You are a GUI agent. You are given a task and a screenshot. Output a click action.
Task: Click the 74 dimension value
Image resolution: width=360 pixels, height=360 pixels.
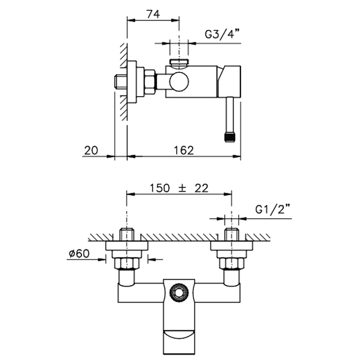coord(153,14)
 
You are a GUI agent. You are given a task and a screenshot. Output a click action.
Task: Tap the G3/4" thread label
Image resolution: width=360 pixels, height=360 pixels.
coord(222,34)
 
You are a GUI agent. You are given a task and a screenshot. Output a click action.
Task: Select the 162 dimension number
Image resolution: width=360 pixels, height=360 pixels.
coord(184,151)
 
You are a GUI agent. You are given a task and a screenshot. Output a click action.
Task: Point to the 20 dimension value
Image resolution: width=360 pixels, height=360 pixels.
coord(91,151)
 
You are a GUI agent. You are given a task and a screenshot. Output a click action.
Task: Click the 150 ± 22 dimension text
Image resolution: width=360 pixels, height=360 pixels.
coord(179,188)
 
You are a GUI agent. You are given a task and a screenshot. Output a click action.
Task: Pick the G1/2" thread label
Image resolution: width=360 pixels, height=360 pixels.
coord(273,209)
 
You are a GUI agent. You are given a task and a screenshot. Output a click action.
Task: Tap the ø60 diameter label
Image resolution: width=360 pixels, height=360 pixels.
coord(79,254)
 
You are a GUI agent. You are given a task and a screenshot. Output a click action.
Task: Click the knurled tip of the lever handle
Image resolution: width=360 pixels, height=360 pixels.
coord(229,137)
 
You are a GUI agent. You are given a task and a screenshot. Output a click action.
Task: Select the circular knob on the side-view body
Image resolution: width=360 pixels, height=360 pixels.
coord(179,82)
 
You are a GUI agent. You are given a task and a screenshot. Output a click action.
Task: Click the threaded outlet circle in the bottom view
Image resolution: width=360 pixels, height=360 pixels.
coord(179,293)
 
